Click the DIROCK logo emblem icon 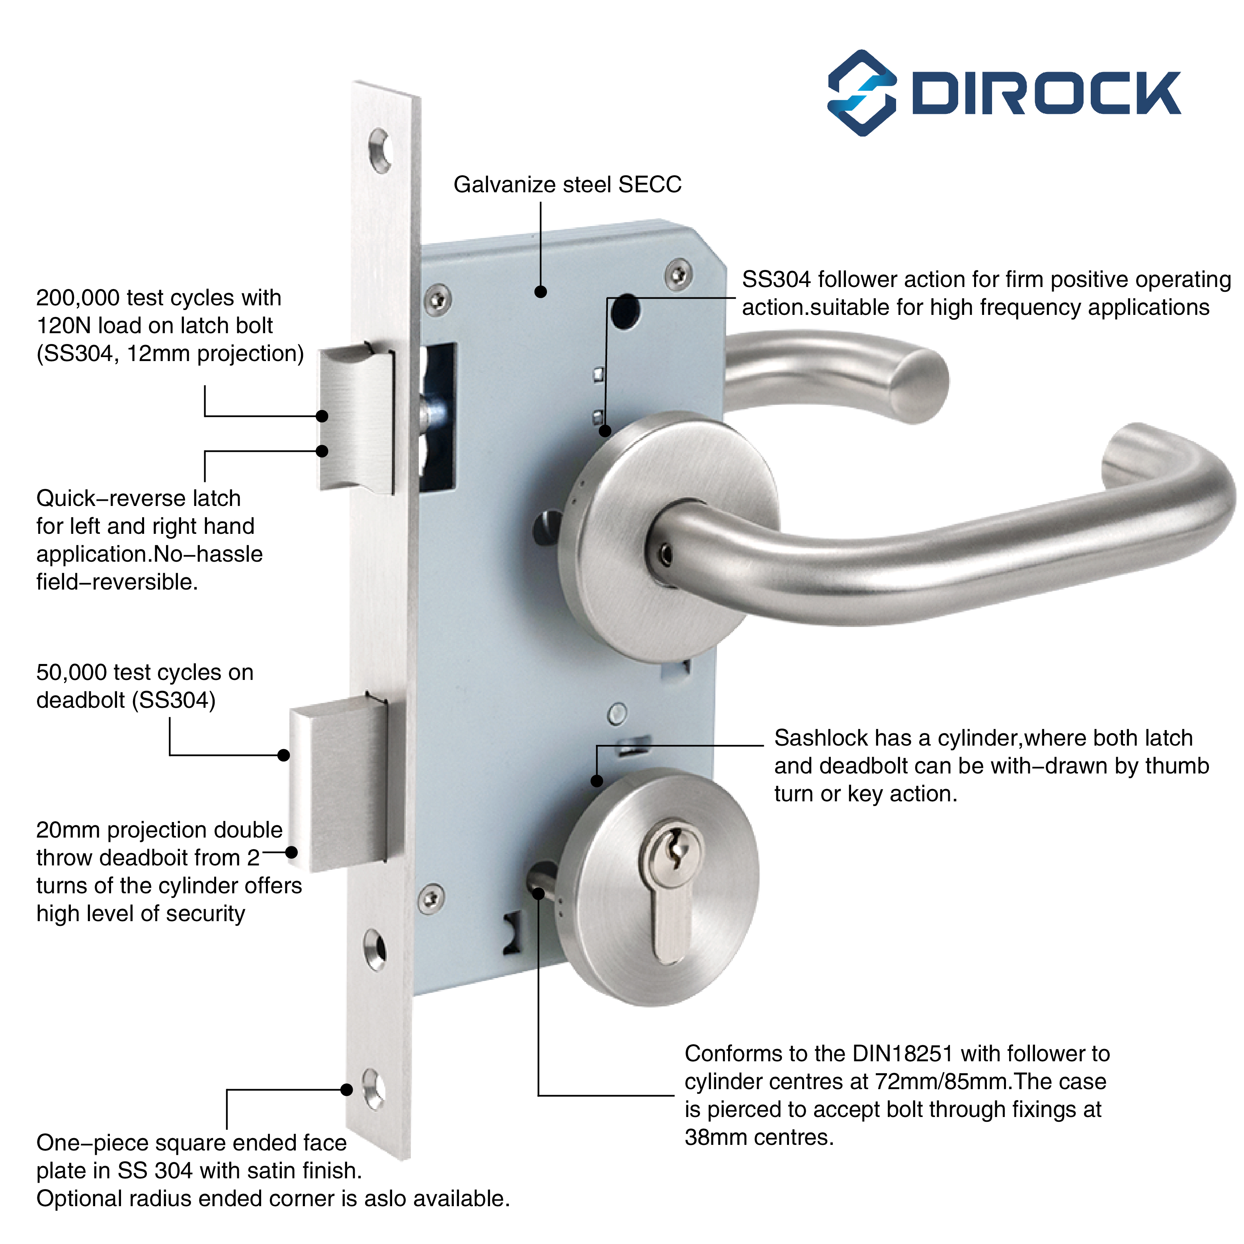coord(861,93)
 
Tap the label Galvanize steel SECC coord(567,185)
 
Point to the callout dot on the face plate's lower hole coord(346,1090)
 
